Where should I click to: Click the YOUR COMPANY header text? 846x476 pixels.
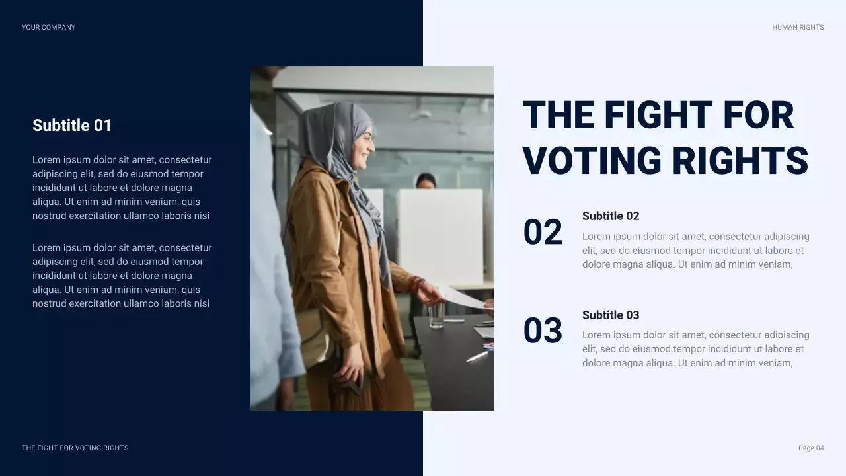[x=48, y=27]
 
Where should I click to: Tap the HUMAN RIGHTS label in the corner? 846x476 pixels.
[x=798, y=27]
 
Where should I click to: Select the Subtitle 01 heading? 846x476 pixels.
[x=72, y=125]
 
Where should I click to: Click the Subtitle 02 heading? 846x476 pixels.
[x=611, y=216]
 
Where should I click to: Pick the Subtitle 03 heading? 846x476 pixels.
[x=611, y=315]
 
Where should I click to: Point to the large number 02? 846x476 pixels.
[x=543, y=233]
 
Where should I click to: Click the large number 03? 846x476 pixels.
[x=543, y=331]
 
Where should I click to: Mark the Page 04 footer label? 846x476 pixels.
[x=811, y=448]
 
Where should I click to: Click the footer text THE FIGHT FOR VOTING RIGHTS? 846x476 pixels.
[x=75, y=448]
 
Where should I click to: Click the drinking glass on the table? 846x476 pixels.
[x=437, y=315]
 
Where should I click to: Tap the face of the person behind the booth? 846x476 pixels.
[x=425, y=182]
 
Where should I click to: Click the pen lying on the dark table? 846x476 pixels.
[x=476, y=357]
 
